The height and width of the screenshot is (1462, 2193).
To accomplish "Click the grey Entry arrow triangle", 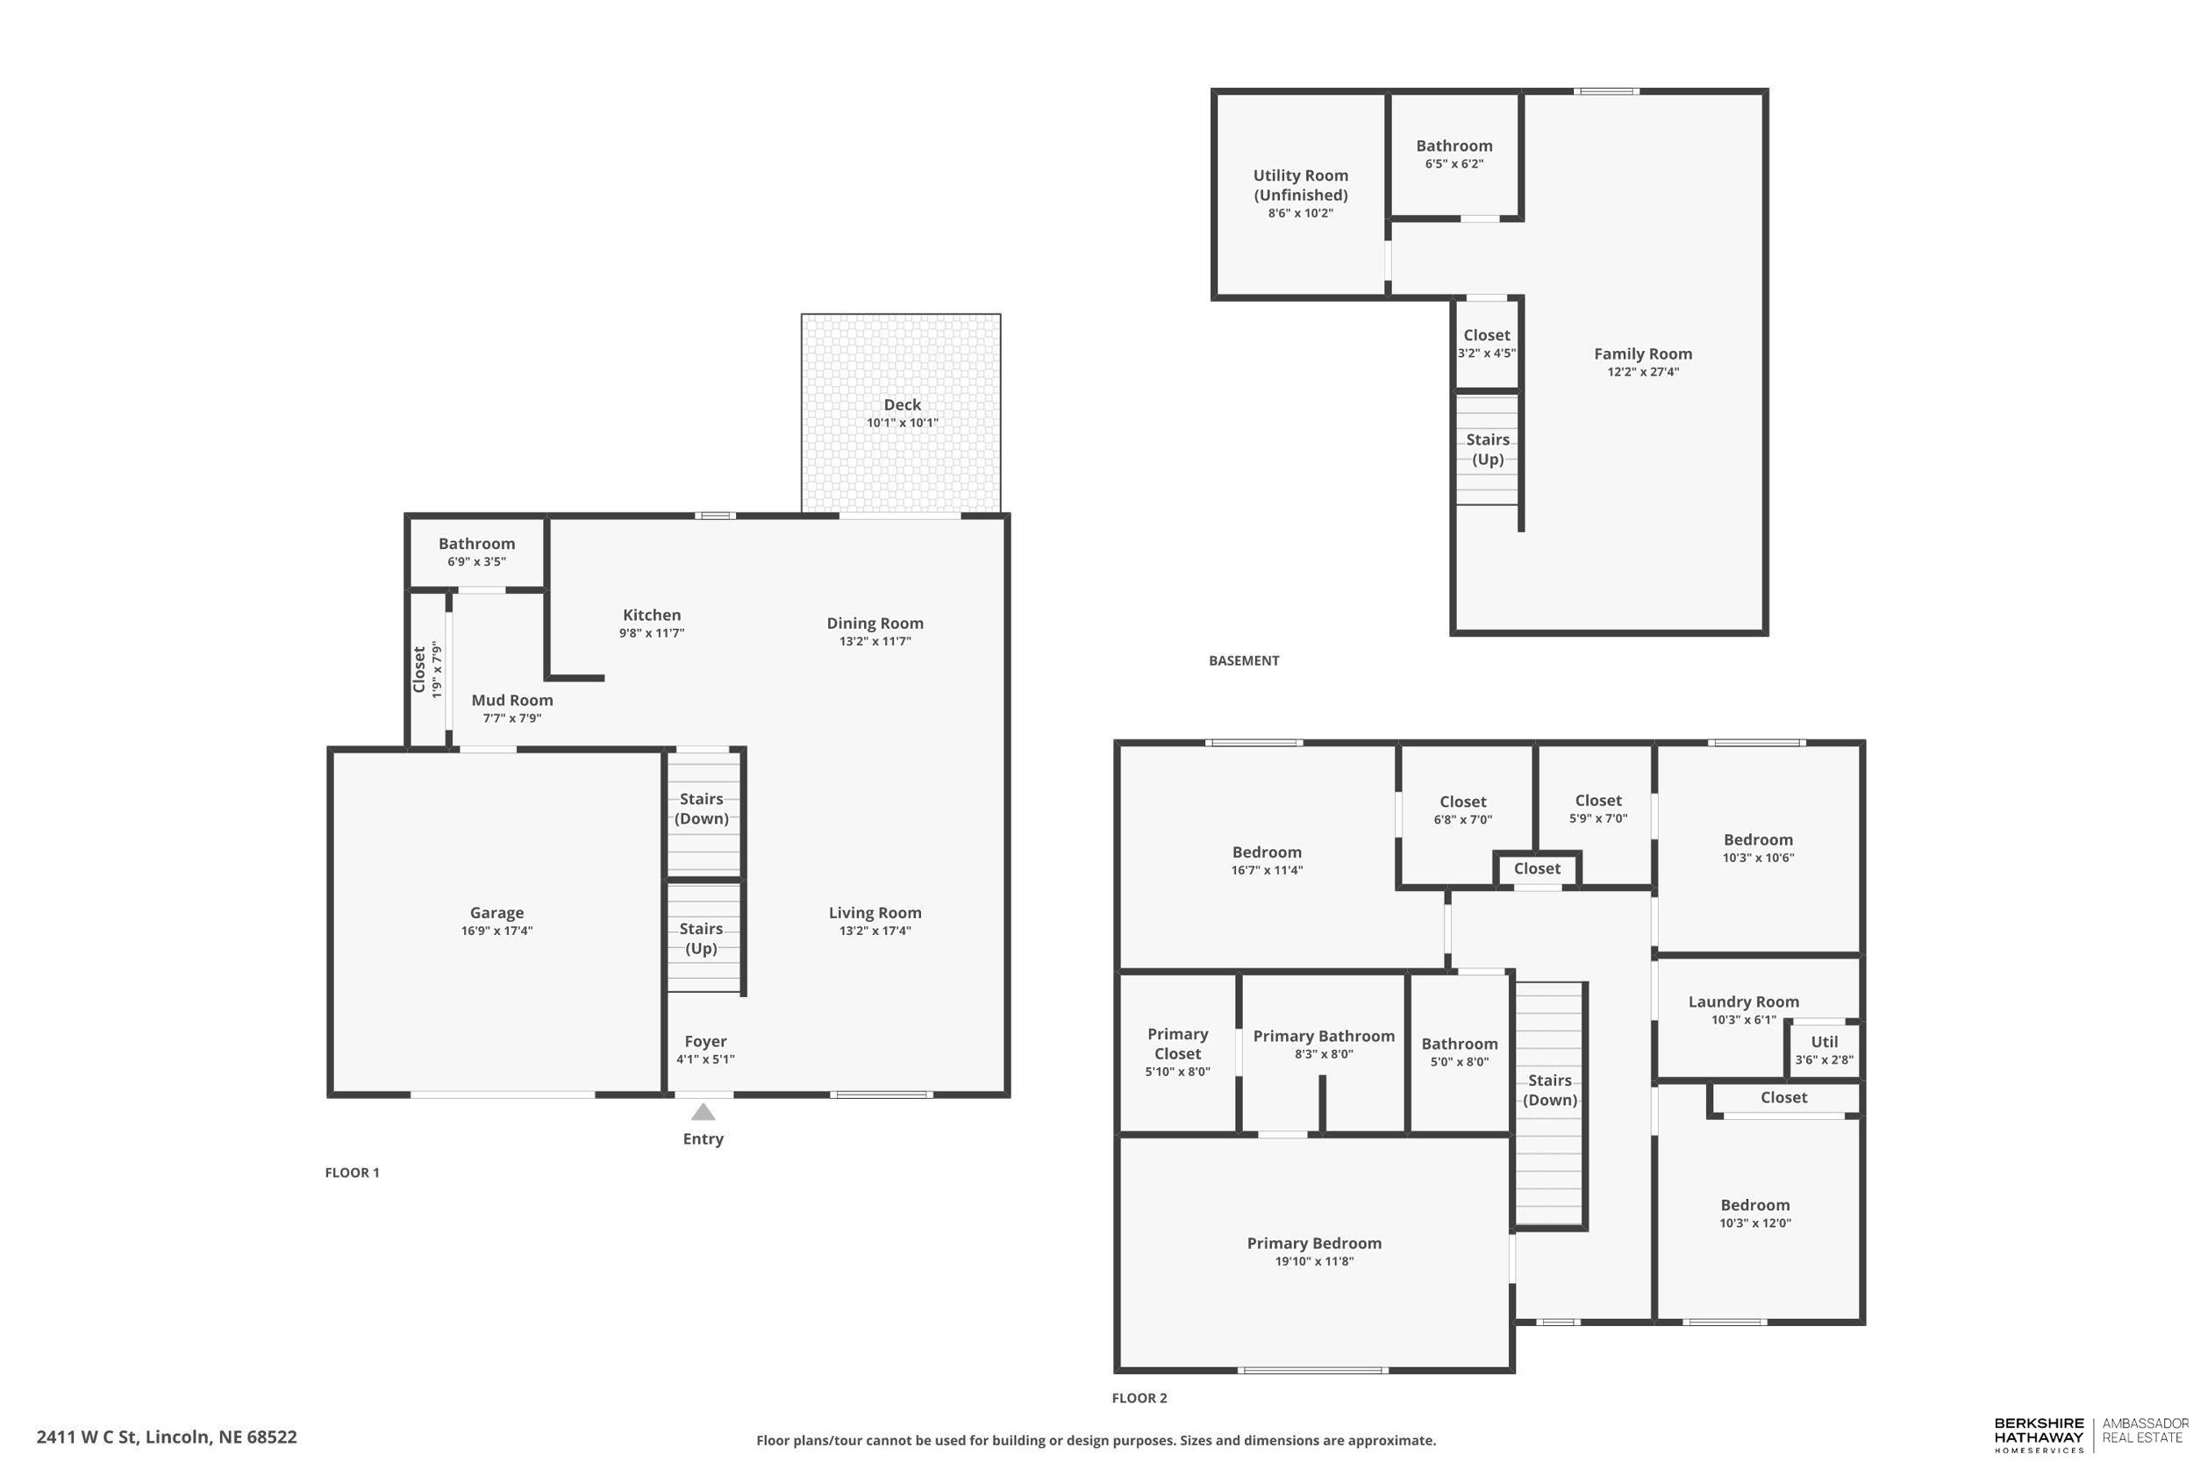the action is coord(703,1111).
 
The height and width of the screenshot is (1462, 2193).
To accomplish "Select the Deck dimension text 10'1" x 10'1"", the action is coord(903,423).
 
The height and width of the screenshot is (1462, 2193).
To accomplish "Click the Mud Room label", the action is coord(512,700).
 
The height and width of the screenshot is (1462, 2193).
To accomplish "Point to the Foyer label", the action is coord(706,1042).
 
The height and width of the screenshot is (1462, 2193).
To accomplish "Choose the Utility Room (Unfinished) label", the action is coord(1301,185).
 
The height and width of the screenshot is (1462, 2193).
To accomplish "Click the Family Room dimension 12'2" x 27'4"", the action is coord(1643,371).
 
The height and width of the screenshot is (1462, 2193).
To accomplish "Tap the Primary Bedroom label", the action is coord(1315,1243).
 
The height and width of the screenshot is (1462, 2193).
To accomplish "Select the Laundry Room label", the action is coord(1744,1002).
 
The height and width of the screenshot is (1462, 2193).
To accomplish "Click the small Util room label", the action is coord(1825,1042).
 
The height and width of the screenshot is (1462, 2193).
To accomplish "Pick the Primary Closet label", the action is coord(1177,1044).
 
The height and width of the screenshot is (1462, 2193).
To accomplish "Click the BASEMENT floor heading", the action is coord(1244,660).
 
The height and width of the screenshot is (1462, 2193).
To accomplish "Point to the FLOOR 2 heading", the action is coord(1139,1398).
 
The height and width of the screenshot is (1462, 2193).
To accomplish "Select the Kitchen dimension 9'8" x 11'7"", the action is coord(652,633).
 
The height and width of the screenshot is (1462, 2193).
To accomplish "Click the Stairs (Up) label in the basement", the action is coord(1487,448).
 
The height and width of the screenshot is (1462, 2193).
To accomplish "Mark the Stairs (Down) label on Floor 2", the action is coord(1550,1090).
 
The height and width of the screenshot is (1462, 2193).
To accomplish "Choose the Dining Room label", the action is coord(875,623).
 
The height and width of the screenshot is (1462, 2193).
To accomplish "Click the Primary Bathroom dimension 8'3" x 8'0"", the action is coord(1324,1054).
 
